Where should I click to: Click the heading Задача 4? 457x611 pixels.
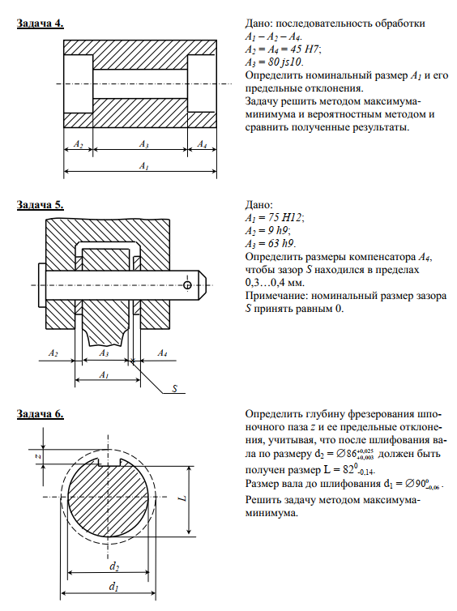point(41,23)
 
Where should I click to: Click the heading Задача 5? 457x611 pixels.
point(41,205)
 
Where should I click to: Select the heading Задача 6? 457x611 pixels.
point(41,414)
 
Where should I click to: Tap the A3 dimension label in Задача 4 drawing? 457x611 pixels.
point(143,144)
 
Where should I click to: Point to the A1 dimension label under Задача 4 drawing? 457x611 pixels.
point(143,166)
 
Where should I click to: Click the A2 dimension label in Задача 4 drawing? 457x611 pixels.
point(79,144)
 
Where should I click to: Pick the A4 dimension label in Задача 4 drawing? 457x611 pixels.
point(202,144)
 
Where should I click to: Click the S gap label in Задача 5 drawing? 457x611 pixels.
point(174,388)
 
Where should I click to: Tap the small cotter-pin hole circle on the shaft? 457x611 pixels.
point(187,285)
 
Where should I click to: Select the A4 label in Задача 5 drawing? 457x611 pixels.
point(162,353)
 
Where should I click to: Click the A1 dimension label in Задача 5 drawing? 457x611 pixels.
point(103,375)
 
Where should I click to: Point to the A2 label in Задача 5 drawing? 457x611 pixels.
point(53,353)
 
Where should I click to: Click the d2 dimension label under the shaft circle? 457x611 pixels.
point(113,566)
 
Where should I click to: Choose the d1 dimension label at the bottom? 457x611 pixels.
point(113,586)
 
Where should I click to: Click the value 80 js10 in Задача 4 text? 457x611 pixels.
point(285,62)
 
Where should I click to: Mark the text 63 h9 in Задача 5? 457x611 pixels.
point(282,244)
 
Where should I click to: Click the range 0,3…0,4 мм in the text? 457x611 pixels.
point(275,283)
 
